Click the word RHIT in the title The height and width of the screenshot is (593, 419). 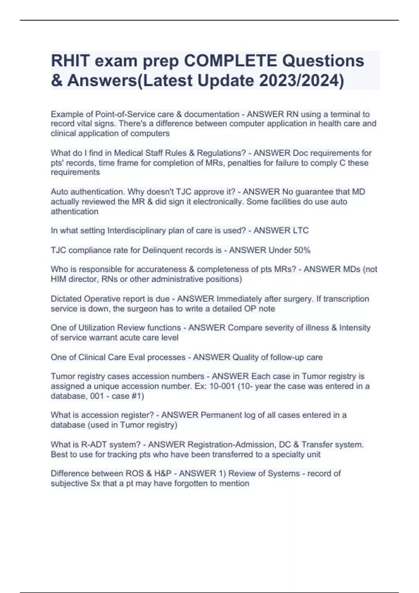(x=70, y=61)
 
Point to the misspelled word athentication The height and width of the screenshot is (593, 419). (x=74, y=211)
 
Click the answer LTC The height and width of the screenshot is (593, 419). (x=301, y=231)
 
